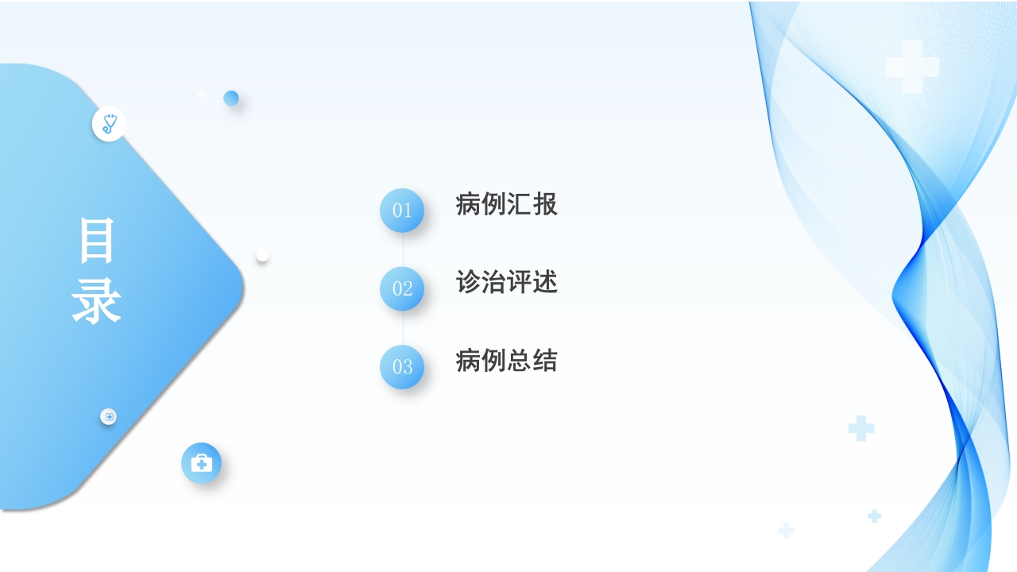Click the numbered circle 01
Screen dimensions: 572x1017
[402, 211]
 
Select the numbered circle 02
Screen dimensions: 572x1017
[402, 288]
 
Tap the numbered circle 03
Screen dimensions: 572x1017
[402, 367]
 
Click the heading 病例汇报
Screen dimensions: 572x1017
[507, 204]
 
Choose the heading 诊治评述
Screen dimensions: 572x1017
[507, 282]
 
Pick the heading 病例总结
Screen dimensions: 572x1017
[507, 361]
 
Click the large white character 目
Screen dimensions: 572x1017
[97, 241]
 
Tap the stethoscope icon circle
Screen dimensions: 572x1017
[109, 125]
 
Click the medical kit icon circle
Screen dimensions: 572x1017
[201, 463]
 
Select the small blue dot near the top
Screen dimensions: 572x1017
[231, 98]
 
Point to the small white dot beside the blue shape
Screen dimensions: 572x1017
[262, 255]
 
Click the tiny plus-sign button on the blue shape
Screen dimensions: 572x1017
[109, 416]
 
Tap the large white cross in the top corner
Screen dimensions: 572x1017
[912, 68]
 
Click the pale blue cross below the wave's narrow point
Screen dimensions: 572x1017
[861, 428]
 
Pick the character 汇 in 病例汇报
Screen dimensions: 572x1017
[520, 204]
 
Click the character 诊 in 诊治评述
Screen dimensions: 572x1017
[469, 282]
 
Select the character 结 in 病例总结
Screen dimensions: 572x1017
[545, 361]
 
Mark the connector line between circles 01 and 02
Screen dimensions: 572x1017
[403, 249]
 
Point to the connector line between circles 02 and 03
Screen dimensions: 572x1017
[403, 328]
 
